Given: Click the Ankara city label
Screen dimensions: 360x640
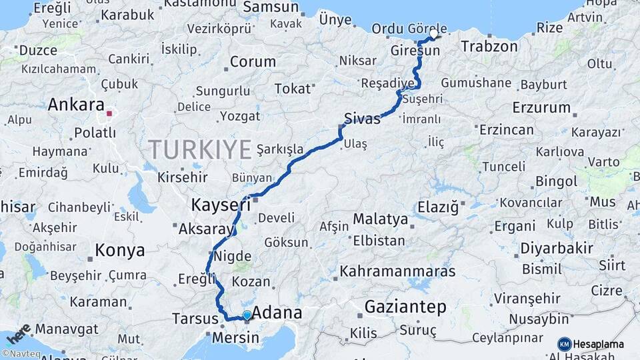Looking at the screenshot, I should [76, 105].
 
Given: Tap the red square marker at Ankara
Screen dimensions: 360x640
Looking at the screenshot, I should [109, 114].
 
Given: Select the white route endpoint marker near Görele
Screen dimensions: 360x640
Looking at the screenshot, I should [435, 33].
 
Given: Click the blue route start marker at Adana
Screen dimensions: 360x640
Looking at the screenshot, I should [247, 315].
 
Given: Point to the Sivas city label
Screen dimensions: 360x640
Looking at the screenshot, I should [362, 119].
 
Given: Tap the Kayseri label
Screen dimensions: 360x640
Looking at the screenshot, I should [221, 204].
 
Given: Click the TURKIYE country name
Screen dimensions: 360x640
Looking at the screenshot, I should [199, 149].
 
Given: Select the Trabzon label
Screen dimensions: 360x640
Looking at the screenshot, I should [489, 47].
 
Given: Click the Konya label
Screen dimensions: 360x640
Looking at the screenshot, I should [120, 251].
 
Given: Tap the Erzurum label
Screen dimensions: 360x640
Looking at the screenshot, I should [541, 107].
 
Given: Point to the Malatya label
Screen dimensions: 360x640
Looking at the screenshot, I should [380, 219].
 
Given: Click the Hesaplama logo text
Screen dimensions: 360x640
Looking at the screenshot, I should [599, 344].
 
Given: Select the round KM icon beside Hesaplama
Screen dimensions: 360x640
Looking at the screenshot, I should [565, 344].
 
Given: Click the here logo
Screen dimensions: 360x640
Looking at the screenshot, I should [19, 332].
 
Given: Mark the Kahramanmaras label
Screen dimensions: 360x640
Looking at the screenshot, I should [397, 271].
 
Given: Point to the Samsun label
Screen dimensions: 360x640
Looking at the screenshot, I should [271, 7].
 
